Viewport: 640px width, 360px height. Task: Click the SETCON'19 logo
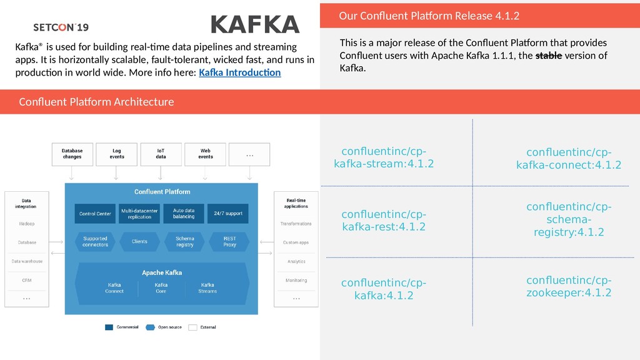61,27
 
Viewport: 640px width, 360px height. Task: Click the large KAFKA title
255,24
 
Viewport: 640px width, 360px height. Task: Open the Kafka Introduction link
239,73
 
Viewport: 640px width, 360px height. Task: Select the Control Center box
95,214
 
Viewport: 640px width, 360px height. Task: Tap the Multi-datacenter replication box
139,214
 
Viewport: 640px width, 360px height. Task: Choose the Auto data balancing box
184,214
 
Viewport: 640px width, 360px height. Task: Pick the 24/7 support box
228,214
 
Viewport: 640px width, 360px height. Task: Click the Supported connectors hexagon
95,241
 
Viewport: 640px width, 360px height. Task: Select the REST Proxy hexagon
229,241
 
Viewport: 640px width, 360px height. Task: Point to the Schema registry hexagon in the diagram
185,241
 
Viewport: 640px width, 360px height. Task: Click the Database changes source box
72,154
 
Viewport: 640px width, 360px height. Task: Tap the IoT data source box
161,154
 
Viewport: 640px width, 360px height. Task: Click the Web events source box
206,154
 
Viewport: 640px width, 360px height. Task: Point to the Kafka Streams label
207,288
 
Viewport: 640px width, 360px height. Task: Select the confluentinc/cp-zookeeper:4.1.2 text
569,286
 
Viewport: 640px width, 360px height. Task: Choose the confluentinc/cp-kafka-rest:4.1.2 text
384,221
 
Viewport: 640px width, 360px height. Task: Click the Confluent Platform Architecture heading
96,102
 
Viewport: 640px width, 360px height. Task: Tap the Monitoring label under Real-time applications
296,281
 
